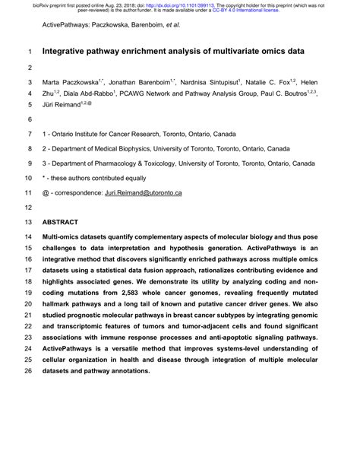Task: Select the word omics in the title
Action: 270,52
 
